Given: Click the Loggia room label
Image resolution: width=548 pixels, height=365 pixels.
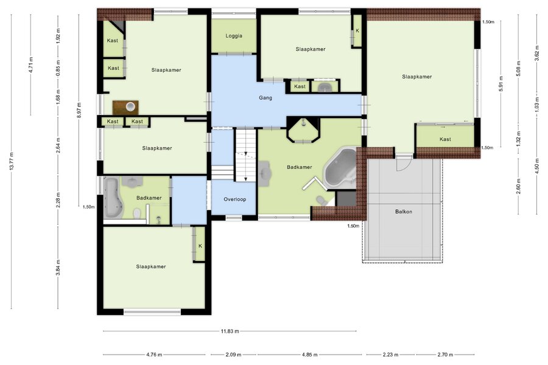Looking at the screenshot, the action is [234, 36].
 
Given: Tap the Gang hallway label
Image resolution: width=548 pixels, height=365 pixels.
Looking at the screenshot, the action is [265, 98].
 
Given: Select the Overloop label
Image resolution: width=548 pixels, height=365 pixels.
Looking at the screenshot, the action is [235, 200].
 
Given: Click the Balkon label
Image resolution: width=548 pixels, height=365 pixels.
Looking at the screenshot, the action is [404, 212].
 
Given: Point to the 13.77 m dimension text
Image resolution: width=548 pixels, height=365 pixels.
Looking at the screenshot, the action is [12, 161].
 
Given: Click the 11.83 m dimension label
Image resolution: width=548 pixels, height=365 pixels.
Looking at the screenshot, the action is [230, 331].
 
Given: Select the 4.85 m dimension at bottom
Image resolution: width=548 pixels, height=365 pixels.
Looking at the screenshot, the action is [310, 355].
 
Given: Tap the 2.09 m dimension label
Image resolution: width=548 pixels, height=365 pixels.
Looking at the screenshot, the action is [233, 355].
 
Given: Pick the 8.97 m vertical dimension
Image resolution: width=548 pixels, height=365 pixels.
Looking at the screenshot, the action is [79, 110].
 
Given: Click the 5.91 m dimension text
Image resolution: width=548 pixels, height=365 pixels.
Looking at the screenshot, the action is [501, 84].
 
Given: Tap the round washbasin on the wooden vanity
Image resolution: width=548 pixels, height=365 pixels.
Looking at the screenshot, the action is [130, 106].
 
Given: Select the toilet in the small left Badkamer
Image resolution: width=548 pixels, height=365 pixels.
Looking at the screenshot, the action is [138, 213].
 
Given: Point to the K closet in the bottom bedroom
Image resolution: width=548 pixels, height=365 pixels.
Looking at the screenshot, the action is [200, 246].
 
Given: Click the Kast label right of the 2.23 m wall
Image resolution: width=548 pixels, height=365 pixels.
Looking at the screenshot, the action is [445, 139].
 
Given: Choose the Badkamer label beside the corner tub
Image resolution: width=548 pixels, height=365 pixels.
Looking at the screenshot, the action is [300, 167].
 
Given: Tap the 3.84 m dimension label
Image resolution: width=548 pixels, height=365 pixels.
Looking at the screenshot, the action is [58, 268].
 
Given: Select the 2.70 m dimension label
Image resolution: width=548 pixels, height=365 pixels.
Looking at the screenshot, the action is [445, 355].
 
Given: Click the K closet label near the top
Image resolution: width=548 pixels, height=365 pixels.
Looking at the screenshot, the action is [357, 31].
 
